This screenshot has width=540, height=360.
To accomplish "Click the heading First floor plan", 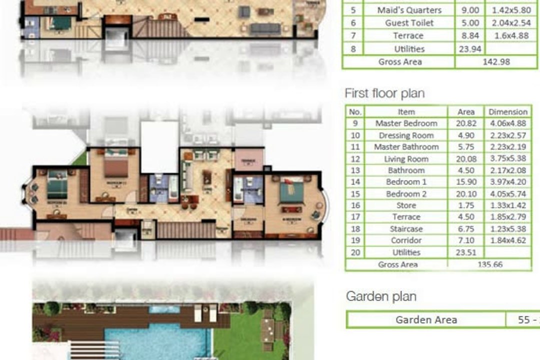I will point(384,93).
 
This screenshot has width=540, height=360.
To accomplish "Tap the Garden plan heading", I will point(381,296).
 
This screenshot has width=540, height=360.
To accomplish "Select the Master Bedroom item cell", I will point(406,123).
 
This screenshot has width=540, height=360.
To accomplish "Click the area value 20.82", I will point(466,123).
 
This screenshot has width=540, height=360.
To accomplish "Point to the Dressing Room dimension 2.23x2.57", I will point(507,135).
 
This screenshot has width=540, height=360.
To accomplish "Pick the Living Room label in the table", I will point(406,159).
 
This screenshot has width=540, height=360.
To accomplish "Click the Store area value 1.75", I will point(466,205).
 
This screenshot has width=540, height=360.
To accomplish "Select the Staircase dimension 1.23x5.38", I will point(507,229).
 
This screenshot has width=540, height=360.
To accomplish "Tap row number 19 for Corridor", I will point(355,240).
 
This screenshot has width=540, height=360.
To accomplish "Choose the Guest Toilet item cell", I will point(409,23).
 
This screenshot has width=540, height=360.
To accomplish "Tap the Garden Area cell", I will point(426,320).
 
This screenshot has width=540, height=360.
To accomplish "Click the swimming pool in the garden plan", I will point(155,337).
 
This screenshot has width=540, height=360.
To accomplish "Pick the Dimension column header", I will point(507,112).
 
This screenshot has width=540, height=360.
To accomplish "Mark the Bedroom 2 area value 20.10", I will point(466,194).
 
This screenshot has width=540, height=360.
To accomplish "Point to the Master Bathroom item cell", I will point(406,147).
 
